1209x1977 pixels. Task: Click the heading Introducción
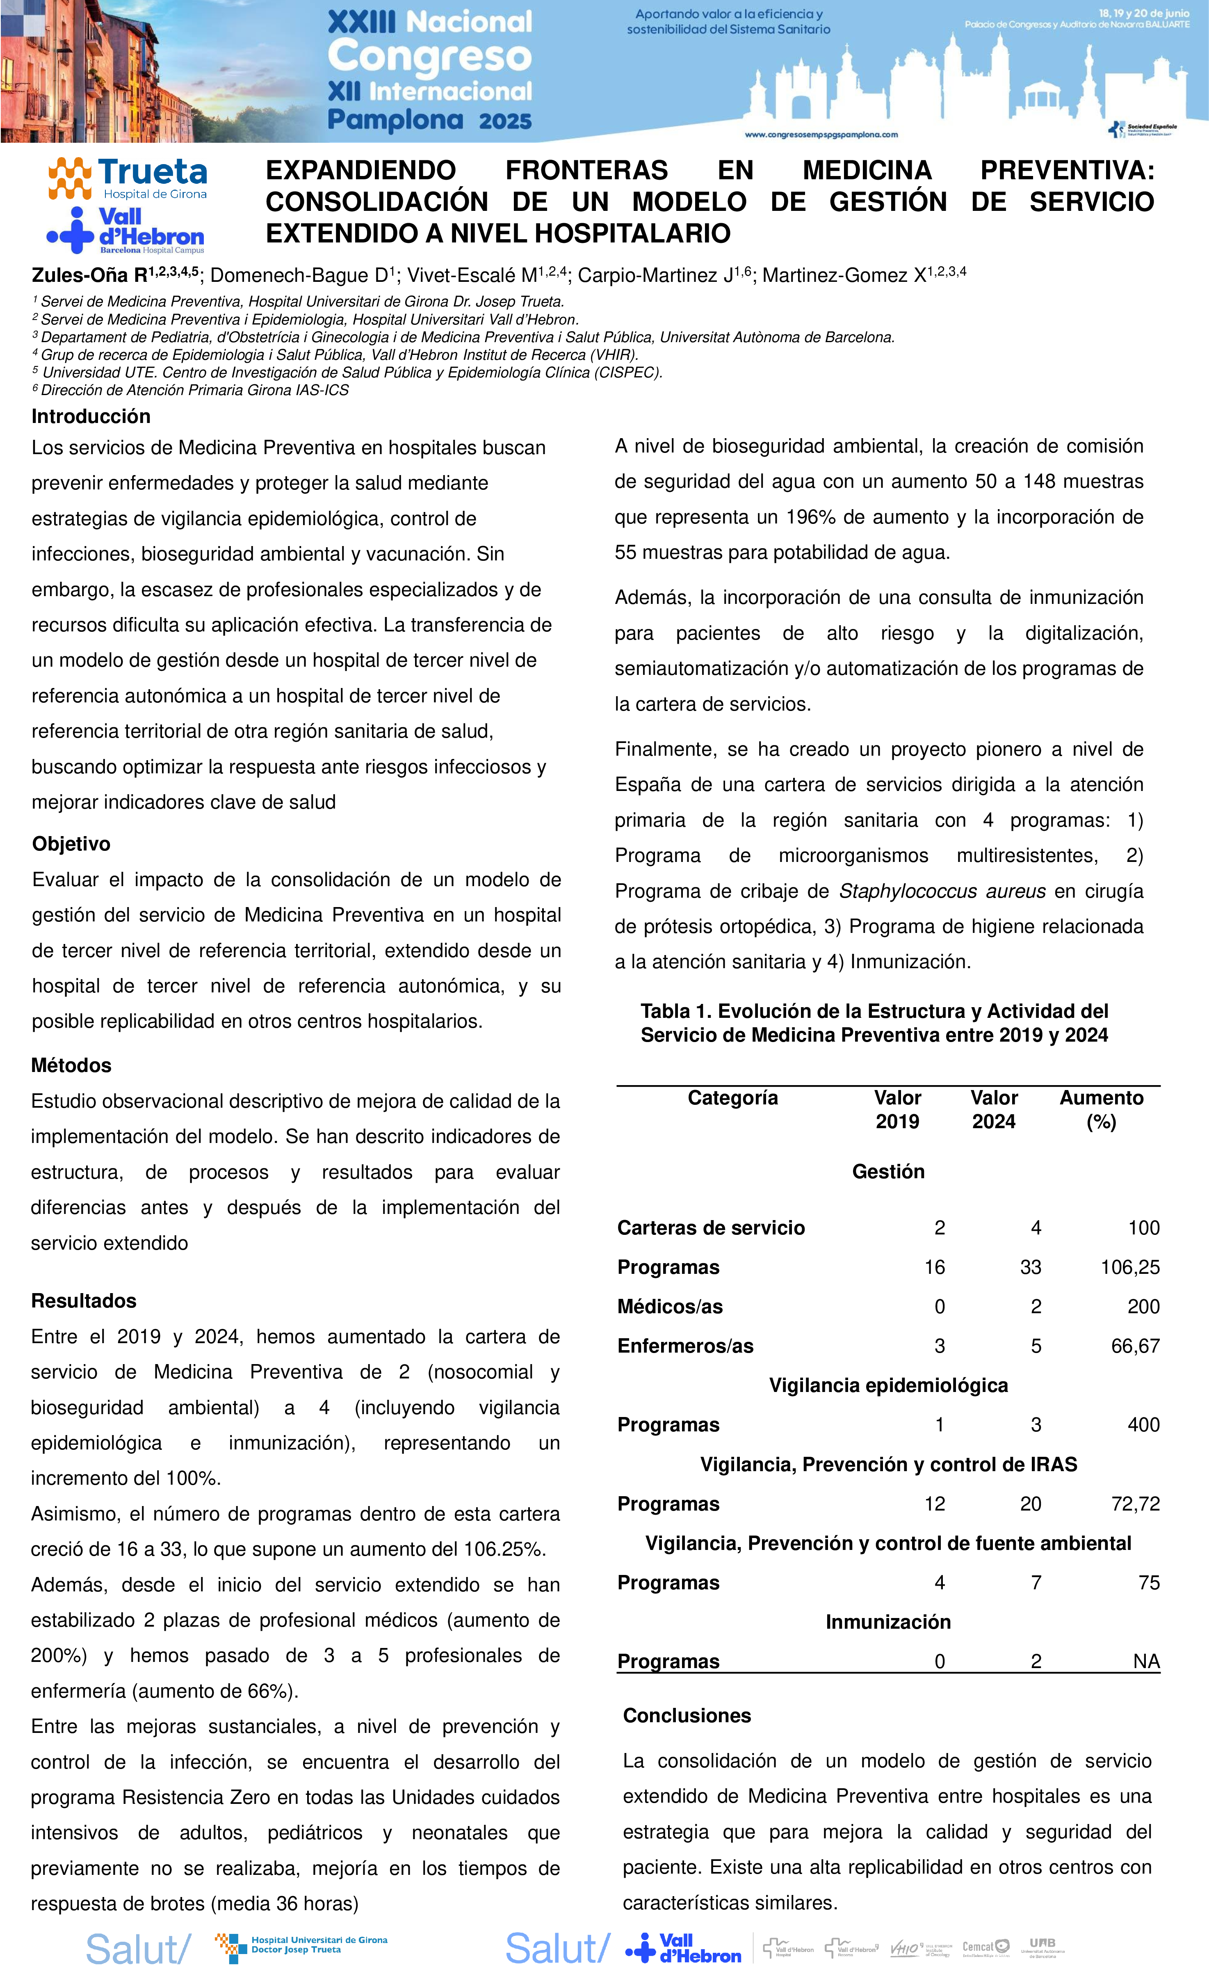91,416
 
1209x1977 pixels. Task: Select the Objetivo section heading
71,844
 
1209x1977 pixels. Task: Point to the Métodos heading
71,1065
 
